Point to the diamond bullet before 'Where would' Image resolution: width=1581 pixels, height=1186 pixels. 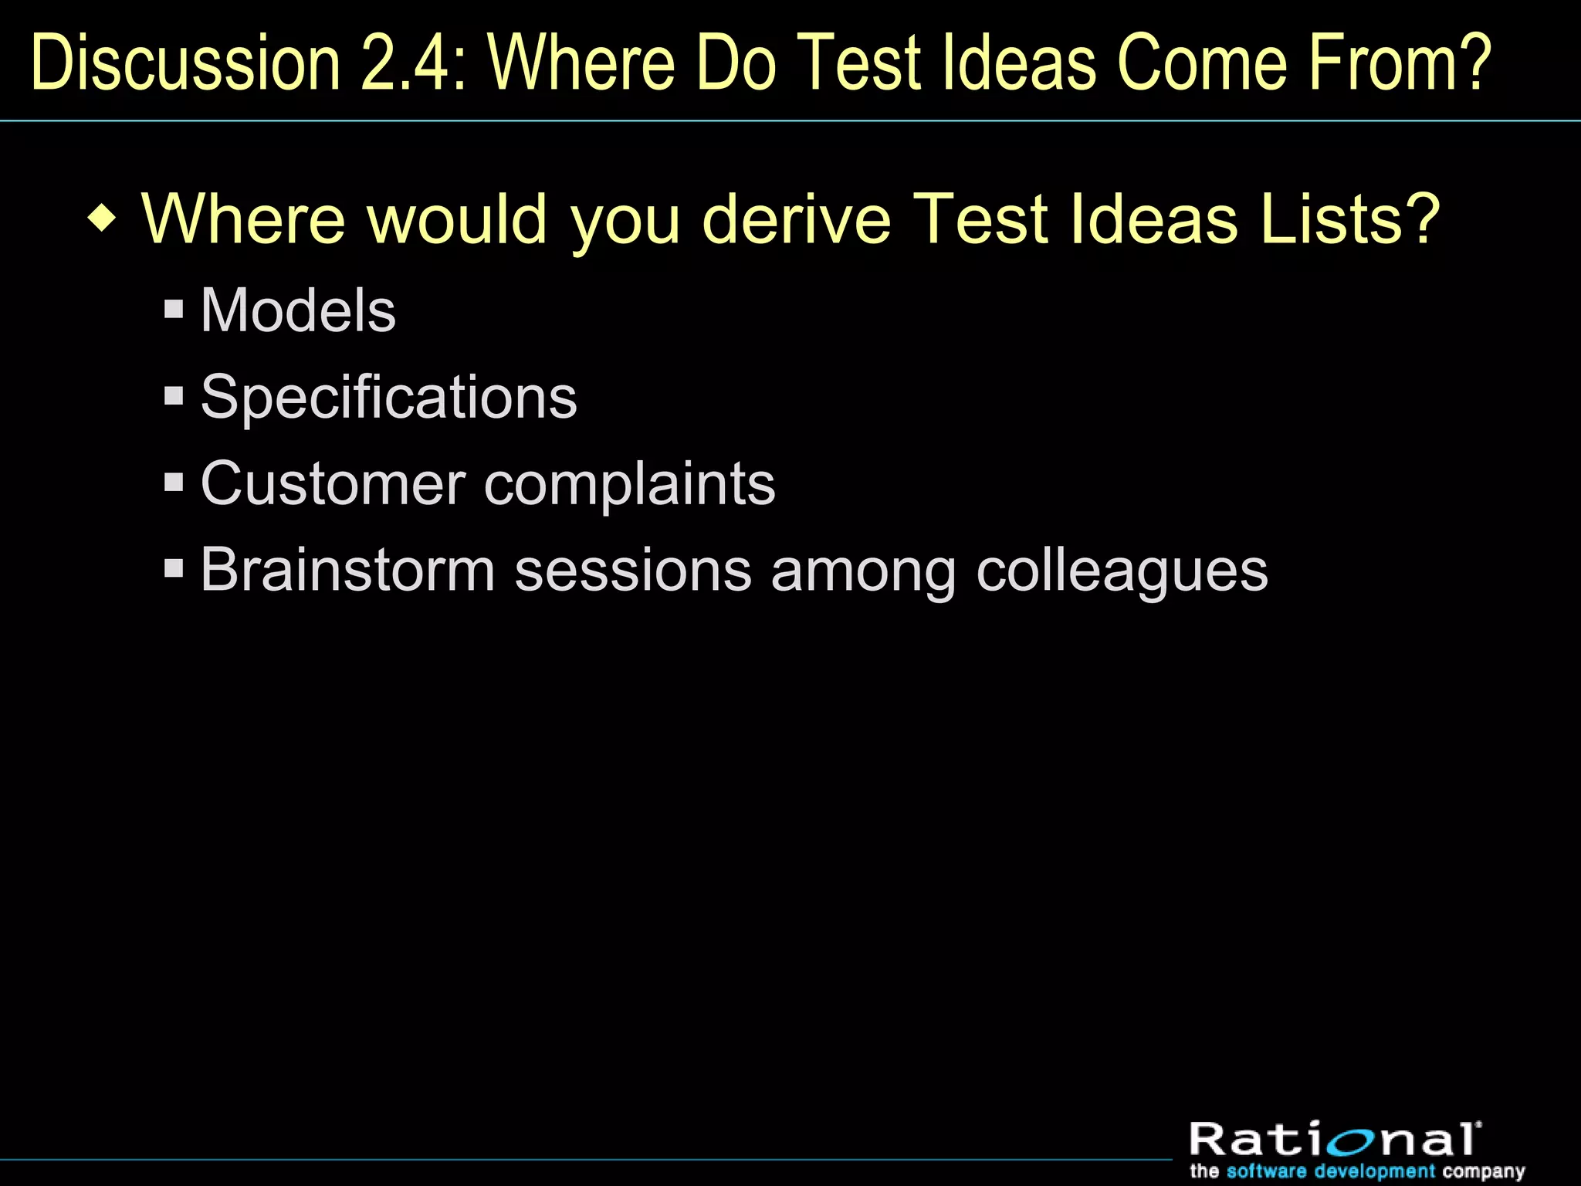click(102, 220)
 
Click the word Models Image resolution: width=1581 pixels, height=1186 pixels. click(298, 310)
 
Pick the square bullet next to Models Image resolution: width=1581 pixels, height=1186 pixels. click(174, 310)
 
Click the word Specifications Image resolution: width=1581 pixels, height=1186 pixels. click(388, 398)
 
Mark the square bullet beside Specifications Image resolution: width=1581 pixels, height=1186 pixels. click(174, 397)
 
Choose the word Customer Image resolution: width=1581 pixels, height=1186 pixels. click(333, 484)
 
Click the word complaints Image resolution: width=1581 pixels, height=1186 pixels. click(629, 484)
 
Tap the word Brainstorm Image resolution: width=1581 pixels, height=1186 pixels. click(347, 571)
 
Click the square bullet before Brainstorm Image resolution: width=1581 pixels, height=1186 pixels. click(174, 570)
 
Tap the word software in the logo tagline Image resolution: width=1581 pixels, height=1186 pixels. click(1267, 1171)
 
